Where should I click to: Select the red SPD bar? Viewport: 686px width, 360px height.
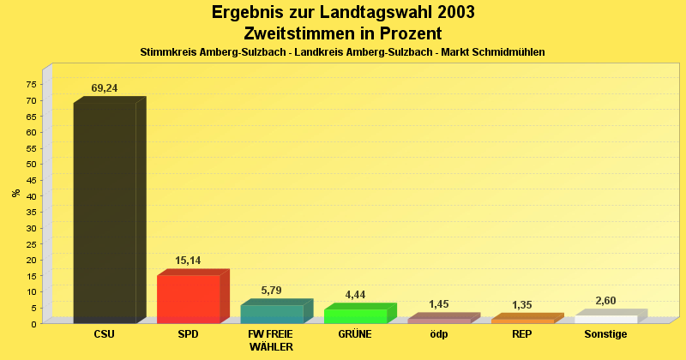(189, 299)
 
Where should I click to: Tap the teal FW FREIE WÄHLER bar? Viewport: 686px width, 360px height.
(272, 314)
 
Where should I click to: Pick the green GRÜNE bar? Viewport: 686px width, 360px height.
(355, 316)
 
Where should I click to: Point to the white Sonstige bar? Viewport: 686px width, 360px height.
(605, 319)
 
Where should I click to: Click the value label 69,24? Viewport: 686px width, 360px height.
(105, 88)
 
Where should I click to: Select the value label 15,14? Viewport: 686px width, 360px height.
(188, 261)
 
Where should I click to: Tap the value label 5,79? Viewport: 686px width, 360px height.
(271, 291)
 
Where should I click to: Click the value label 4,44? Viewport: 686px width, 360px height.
(355, 295)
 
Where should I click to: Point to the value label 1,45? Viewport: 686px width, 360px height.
(438, 304)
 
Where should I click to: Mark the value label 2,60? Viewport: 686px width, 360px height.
(605, 301)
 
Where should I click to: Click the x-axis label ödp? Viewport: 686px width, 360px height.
(438, 334)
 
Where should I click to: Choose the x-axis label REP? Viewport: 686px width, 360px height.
(522, 334)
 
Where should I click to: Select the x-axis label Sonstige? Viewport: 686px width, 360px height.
(605, 334)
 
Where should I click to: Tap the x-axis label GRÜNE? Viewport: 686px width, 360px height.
(355, 334)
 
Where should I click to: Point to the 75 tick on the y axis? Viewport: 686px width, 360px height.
(31, 85)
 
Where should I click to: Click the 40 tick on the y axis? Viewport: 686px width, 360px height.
(31, 196)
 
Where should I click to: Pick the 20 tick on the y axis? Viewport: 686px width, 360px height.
(31, 260)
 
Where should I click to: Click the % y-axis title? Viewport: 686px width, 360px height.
(15, 193)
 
